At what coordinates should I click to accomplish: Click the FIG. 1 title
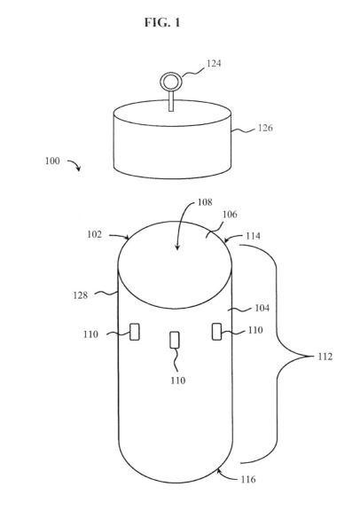pyautogui.click(x=162, y=22)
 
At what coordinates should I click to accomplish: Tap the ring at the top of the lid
pyautogui.click(x=170, y=74)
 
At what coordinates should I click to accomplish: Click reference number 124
pyautogui.click(x=214, y=63)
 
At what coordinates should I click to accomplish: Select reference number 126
pyautogui.click(x=265, y=128)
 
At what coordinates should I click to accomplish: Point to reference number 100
pyautogui.click(x=52, y=161)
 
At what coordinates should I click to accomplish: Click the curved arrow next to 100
pyautogui.click(x=74, y=164)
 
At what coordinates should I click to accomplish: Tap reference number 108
pyautogui.click(x=205, y=202)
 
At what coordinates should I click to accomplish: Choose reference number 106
pyautogui.click(x=230, y=215)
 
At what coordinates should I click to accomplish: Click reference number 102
pyautogui.click(x=94, y=234)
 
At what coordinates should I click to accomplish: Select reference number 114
pyautogui.click(x=253, y=236)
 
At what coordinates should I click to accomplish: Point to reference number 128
pyautogui.click(x=81, y=295)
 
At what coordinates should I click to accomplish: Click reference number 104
pyautogui.click(x=262, y=308)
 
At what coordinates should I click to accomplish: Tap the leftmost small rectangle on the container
pyautogui.click(x=135, y=332)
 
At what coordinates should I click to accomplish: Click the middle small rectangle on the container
pyautogui.click(x=175, y=340)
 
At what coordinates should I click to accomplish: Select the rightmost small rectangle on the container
pyautogui.click(x=216, y=332)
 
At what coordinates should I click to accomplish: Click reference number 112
pyautogui.click(x=325, y=357)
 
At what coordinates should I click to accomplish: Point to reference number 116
pyautogui.click(x=248, y=479)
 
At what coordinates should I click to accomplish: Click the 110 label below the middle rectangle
pyautogui.click(x=177, y=380)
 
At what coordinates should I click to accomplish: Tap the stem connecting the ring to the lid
pyautogui.click(x=171, y=100)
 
